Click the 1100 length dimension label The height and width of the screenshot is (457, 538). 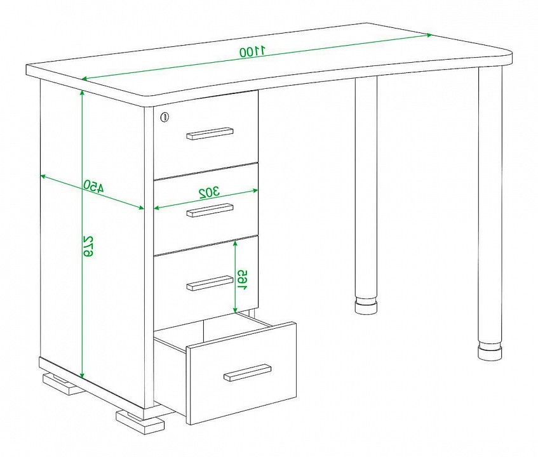tap(253, 51)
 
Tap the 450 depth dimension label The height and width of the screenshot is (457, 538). tap(93, 185)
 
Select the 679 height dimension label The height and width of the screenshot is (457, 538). tap(88, 246)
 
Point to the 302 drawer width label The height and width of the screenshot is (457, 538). tap(210, 192)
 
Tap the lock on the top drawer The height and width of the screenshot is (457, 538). tap(165, 117)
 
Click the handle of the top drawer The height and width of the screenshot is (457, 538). tap(210, 133)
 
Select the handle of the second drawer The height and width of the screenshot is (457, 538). tap(210, 210)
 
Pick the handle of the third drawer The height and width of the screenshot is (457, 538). tap(210, 283)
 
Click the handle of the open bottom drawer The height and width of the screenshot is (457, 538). tap(247, 373)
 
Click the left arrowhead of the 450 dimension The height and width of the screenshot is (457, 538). tap(44, 176)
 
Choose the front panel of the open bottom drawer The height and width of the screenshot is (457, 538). tap(241, 373)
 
